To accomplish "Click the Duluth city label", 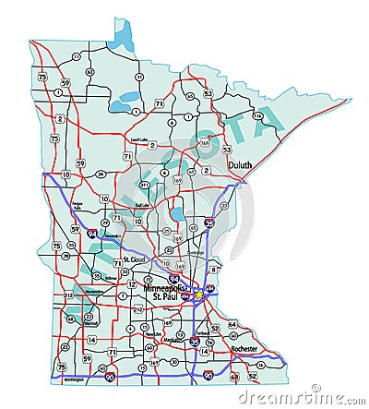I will [x=242, y=166].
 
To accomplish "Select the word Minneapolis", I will [x=164, y=289].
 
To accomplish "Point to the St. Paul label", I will [x=164, y=297].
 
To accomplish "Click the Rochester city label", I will [x=244, y=348].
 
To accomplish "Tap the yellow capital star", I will [x=196, y=294].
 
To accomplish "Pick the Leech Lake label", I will [x=139, y=139].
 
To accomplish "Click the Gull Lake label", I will [x=142, y=204].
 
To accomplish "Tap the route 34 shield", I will [x=100, y=173].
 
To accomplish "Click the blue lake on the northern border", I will [x=120, y=34].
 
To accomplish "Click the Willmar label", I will [x=111, y=276].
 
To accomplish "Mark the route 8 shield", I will [x=212, y=268].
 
